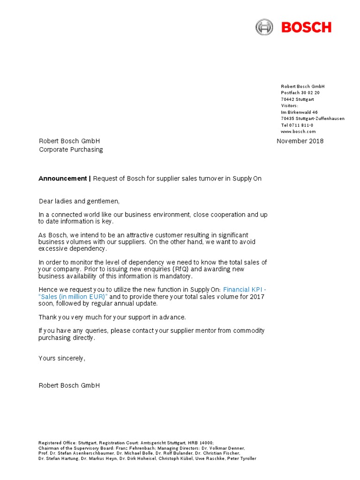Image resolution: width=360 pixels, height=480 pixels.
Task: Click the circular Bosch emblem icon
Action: click(x=264, y=27)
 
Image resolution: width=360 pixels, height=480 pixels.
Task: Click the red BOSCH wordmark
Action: click(x=306, y=27)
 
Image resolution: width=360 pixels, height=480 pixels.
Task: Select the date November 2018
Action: click(x=300, y=141)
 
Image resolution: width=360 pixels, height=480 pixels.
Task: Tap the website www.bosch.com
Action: click(x=298, y=132)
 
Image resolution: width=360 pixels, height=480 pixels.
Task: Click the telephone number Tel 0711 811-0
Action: click(x=297, y=125)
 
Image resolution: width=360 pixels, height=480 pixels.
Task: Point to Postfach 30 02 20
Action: click(x=300, y=93)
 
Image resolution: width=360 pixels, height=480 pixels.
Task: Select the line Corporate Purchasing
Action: click(x=70, y=150)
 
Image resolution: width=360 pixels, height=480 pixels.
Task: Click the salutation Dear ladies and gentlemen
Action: click(x=79, y=202)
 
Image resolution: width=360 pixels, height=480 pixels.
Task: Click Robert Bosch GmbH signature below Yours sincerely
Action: click(x=69, y=385)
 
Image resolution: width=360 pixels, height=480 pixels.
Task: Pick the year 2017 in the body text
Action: click(x=257, y=297)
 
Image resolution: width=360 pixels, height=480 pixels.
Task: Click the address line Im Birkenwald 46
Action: click(x=299, y=112)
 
